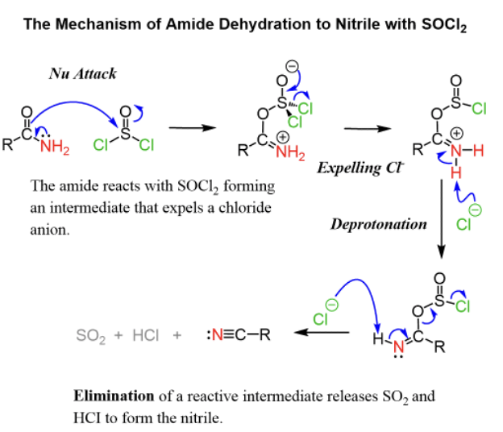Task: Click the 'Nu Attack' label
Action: coord(83,73)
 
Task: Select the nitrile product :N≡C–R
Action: coord(238,334)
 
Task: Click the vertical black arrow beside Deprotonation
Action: coord(442,217)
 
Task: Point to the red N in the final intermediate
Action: coord(401,346)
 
